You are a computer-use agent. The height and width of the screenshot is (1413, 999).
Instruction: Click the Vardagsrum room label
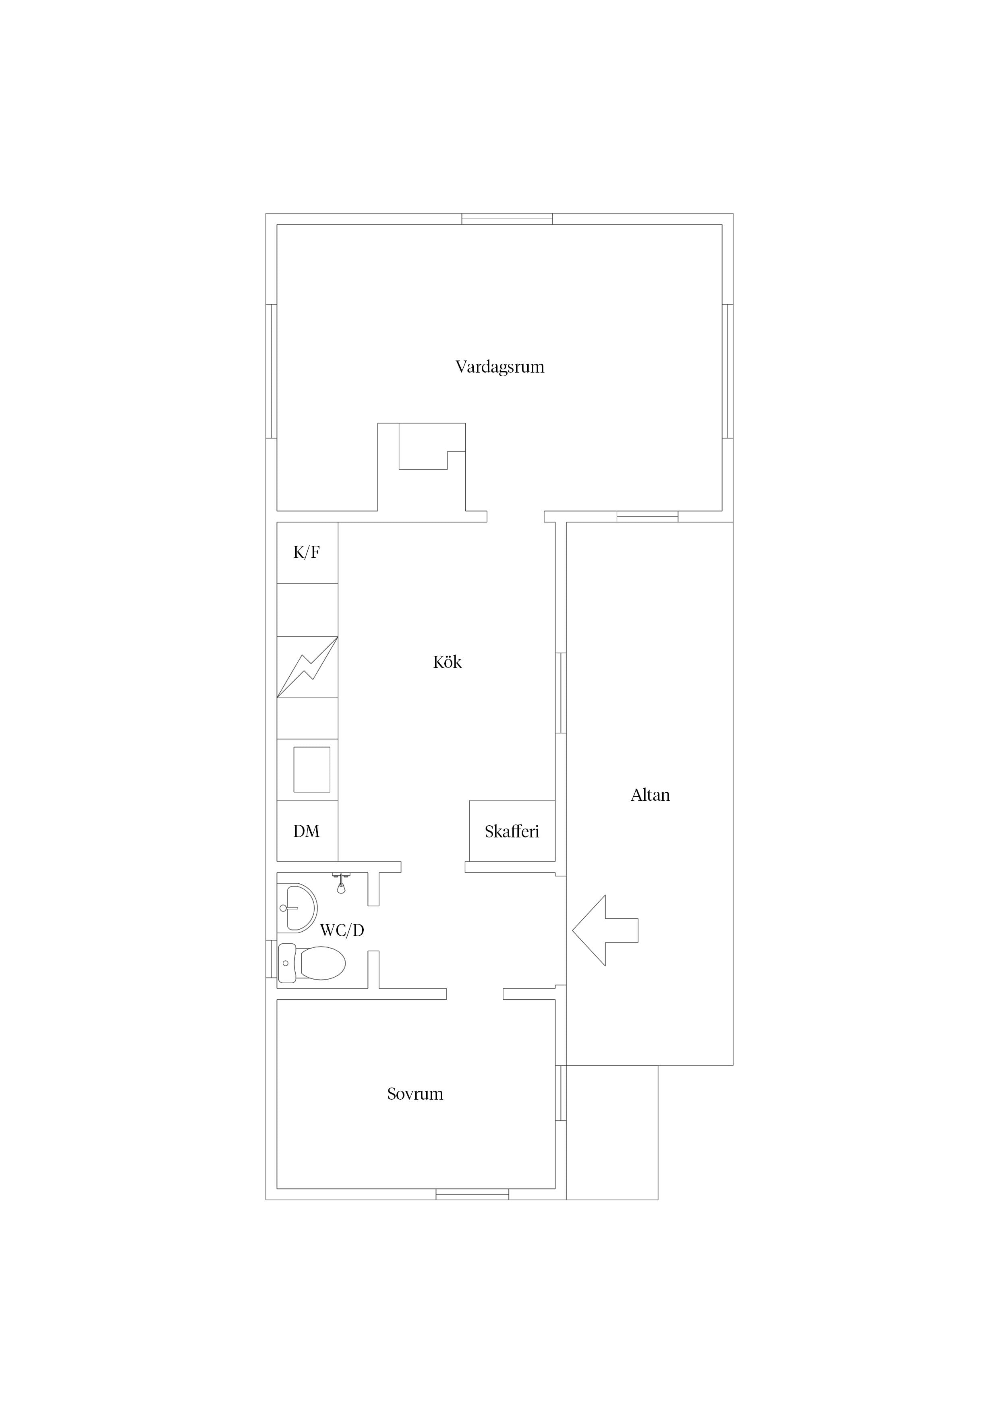[x=500, y=367]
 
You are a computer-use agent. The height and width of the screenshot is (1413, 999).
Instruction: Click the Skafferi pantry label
[x=512, y=832]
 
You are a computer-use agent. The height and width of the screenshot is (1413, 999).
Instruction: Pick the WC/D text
[x=342, y=930]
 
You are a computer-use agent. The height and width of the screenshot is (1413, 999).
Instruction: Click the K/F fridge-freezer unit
[x=307, y=553]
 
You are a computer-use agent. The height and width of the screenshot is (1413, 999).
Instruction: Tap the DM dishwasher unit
[x=307, y=831]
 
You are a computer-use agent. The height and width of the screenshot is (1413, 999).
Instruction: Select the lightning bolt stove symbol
[x=307, y=667]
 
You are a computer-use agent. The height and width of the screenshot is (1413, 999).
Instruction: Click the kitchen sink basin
[x=311, y=769]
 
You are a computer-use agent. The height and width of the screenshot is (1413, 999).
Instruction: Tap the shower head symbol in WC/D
[x=341, y=883]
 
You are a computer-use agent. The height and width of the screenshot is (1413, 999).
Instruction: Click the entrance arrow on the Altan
[x=605, y=930]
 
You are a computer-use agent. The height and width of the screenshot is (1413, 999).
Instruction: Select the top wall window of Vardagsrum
[x=507, y=219]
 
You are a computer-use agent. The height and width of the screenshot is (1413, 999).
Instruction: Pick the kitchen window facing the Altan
[x=561, y=693]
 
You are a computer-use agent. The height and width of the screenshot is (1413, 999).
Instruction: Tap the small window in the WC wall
[x=272, y=959]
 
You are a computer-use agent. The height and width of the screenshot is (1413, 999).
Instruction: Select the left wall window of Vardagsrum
[x=272, y=371]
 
